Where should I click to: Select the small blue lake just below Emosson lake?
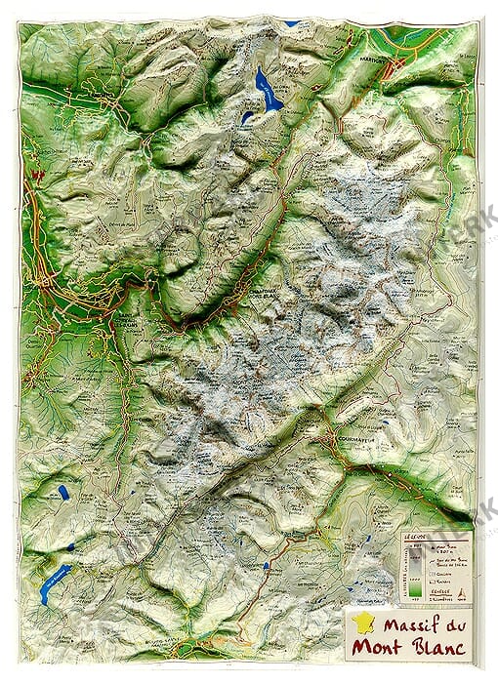point(247,117)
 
